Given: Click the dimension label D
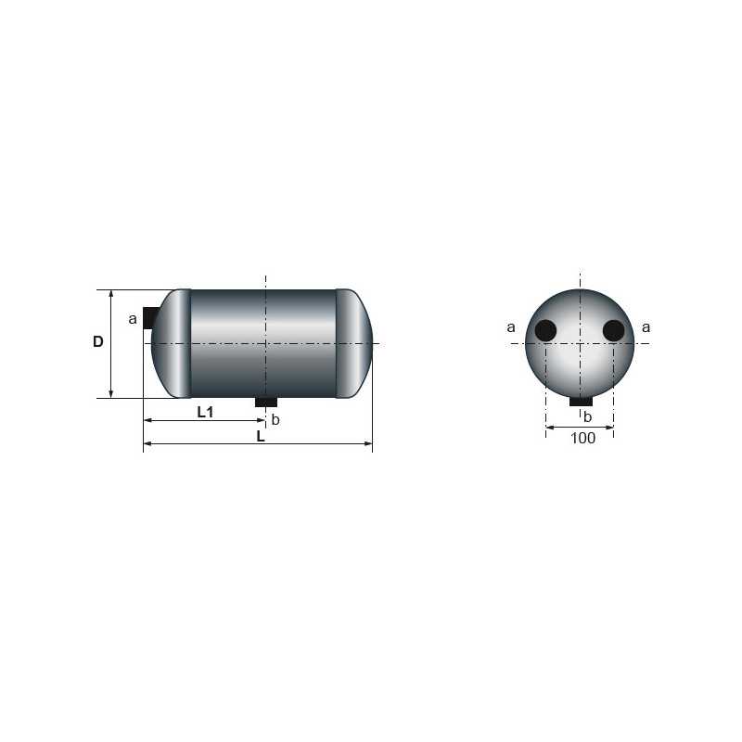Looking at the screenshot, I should coord(97,342).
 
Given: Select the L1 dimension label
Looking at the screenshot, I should coord(205,413).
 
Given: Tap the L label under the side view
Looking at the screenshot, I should coord(261,436).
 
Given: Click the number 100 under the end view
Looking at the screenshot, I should coord(582,439).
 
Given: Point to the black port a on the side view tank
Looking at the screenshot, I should coord(149,317).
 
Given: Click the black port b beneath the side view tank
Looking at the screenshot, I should coord(266,402).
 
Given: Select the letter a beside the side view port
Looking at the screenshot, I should coord(133,319).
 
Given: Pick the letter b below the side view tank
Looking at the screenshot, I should coord(275,420).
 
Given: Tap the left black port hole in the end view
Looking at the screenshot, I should coord(545,330).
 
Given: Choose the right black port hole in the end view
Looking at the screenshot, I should coord(613,330).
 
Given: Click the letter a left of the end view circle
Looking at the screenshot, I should coord(511,327).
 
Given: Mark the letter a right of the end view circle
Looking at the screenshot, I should coord(646,327).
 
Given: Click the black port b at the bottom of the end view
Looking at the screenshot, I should coord(581,401).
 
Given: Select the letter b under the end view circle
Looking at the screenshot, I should coord(587,416).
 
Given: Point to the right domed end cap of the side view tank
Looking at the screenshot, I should coord(354,343).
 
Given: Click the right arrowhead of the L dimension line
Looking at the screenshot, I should coord(368,444).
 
